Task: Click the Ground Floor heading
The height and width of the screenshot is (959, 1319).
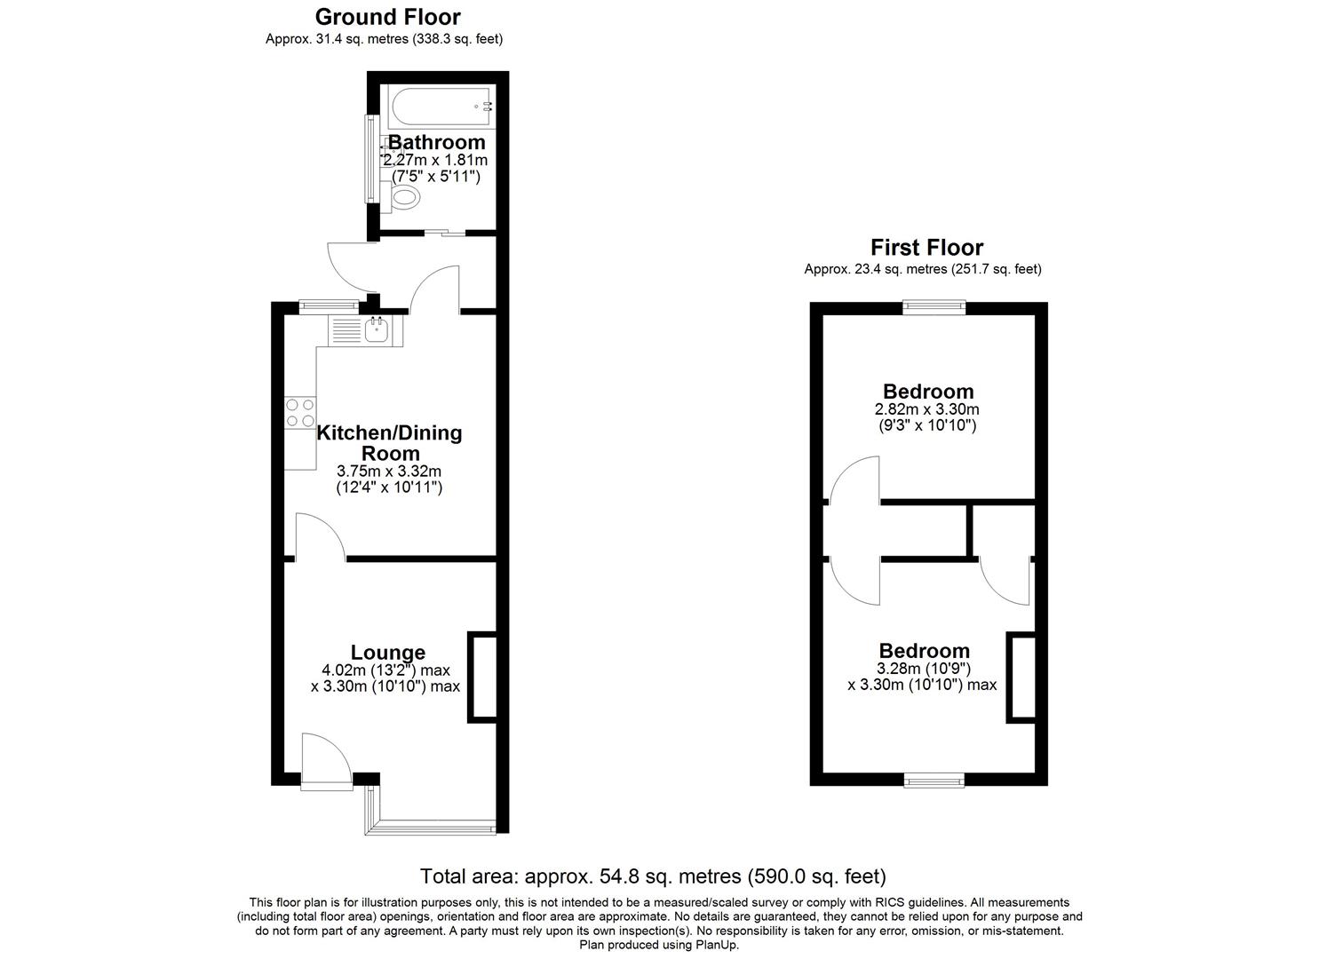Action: [387, 17]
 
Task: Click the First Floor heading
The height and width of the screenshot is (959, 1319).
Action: [926, 247]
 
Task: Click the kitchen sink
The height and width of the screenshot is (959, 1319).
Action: [376, 331]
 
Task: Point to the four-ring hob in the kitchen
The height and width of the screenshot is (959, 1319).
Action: [300, 413]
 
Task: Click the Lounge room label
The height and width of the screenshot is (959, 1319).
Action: [387, 653]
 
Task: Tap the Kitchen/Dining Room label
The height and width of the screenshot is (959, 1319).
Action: [389, 442]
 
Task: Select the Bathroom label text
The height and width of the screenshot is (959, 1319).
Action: [437, 142]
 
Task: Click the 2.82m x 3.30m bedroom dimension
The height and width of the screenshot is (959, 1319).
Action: [926, 409]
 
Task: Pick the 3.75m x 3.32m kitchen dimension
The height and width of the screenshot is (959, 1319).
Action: [389, 471]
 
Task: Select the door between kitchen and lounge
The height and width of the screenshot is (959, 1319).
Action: [320, 538]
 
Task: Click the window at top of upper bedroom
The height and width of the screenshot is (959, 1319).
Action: [934, 306]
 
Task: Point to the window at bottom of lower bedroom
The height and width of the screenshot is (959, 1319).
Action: [934, 781]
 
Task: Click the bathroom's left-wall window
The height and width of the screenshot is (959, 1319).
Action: [368, 159]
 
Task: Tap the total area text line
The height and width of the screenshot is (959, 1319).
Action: [653, 877]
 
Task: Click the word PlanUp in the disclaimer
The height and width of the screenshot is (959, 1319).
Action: [717, 945]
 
